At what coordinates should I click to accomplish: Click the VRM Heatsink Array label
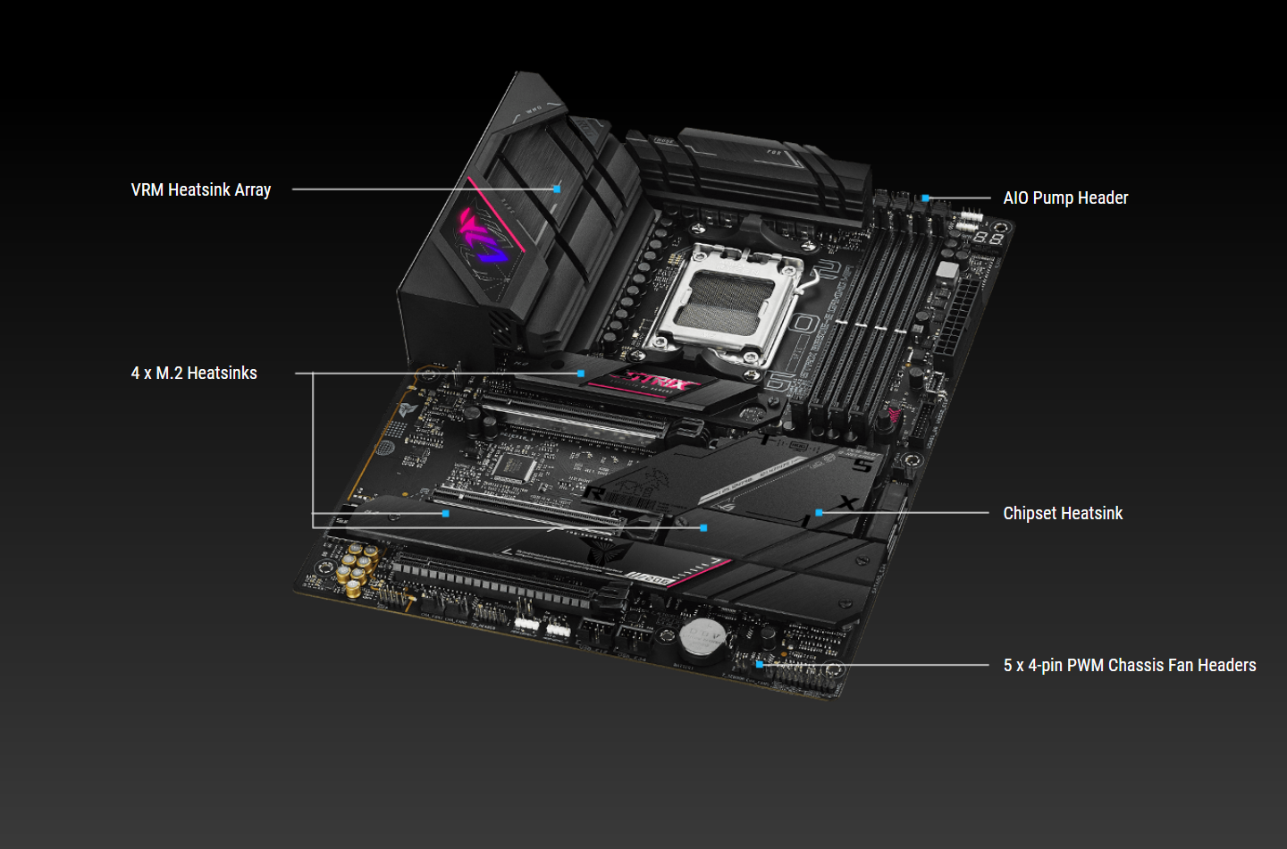(200, 190)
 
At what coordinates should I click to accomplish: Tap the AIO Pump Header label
(1065, 198)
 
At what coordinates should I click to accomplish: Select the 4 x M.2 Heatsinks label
(194, 374)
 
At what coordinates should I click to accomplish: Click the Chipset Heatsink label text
(1063, 514)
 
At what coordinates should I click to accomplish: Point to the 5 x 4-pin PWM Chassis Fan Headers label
(1129, 666)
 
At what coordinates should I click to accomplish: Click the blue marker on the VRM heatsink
(557, 189)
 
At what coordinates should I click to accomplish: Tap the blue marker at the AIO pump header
(926, 198)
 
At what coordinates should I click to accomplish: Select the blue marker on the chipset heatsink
(819, 513)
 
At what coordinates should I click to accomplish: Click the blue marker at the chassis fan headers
(760, 665)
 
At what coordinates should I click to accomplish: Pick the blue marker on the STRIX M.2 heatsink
(581, 374)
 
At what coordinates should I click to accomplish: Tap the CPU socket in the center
(728, 299)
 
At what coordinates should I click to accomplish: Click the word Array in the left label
(253, 190)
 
